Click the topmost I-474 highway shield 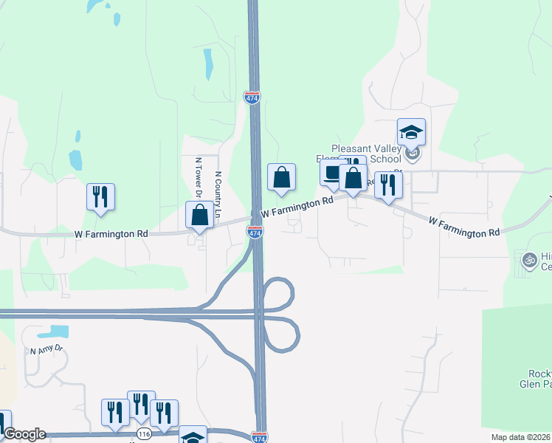pyautogui.click(x=251, y=97)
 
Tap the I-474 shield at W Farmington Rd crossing pyautogui.click(x=253, y=233)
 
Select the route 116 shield pyautogui.click(x=144, y=433)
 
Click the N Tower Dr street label pyautogui.click(x=199, y=178)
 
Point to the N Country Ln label pyautogui.click(x=218, y=194)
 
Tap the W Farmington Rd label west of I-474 pyautogui.click(x=111, y=233)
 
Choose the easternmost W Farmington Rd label pyautogui.click(x=463, y=227)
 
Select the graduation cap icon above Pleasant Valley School pyautogui.click(x=411, y=132)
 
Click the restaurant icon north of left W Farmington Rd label pyautogui.click(x=101, y=196)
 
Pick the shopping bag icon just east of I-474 pyautogui.click(x=281, y=177)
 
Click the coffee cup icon pyautogui.click(x=331, y=174)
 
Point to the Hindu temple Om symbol pyautogui.click(x=528, y=259)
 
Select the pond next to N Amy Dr pyautogui.click(x=54, y=332)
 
